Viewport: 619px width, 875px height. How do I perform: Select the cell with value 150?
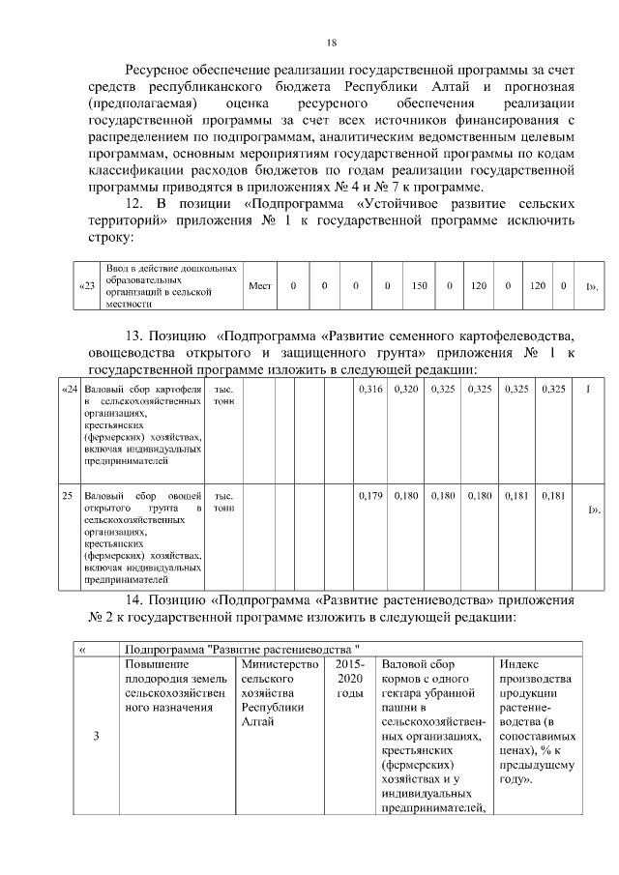pos(419,286)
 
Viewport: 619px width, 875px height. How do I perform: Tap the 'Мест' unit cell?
pos(259,286)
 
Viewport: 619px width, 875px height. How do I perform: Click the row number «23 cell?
pos(87,286)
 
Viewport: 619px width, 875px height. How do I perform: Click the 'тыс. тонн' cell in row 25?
pos(223,502)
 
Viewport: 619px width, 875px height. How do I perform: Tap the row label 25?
pos(68,496)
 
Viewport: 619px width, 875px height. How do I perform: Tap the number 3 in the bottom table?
pos(95,738)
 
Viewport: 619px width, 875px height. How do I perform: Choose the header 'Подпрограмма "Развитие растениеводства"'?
pos(242,649)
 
